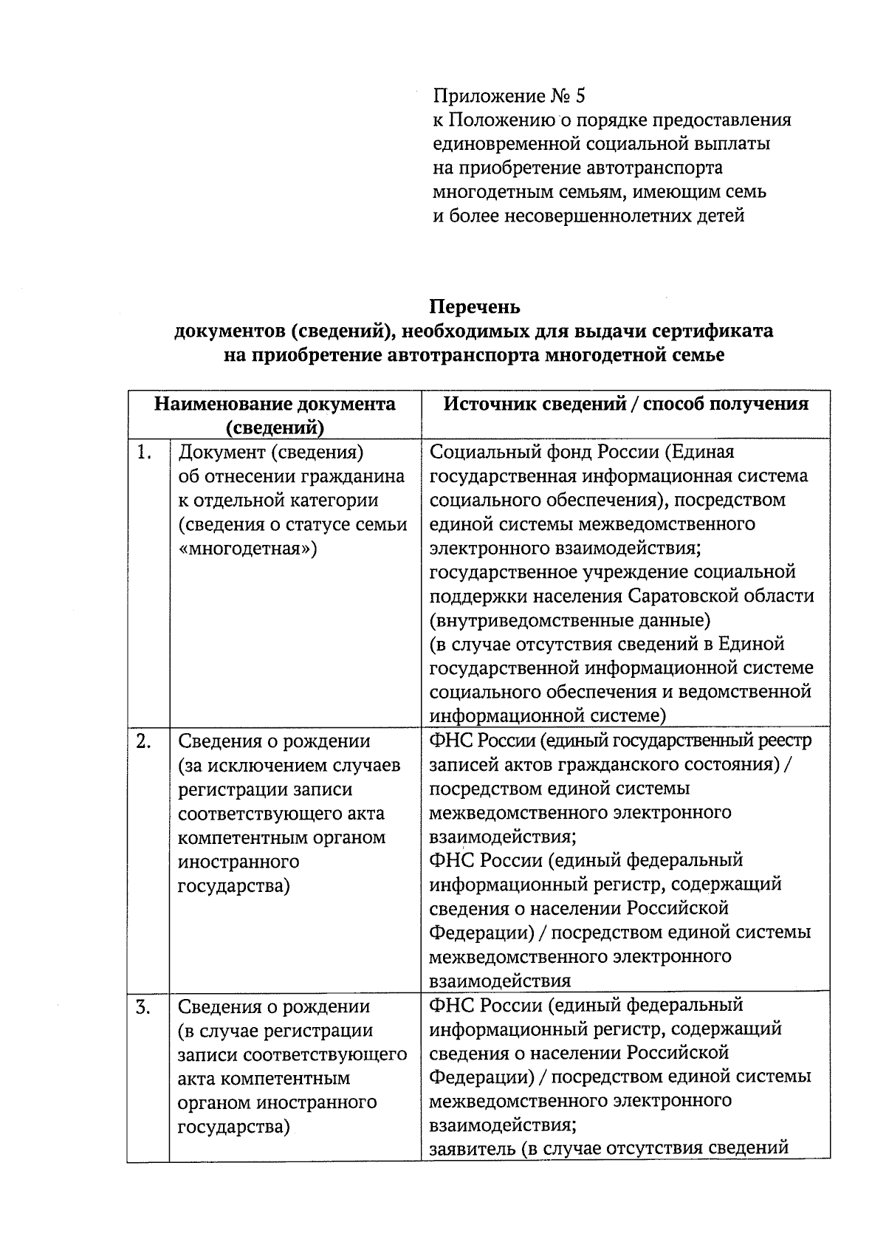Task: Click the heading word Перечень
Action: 475,306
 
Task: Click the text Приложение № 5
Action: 509,96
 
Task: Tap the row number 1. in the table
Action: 144,452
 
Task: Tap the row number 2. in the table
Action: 144,741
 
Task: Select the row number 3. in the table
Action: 144,1006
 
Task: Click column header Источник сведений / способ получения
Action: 625,404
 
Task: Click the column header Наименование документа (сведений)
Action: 275,415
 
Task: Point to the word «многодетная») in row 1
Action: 248,549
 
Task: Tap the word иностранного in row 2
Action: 238,862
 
